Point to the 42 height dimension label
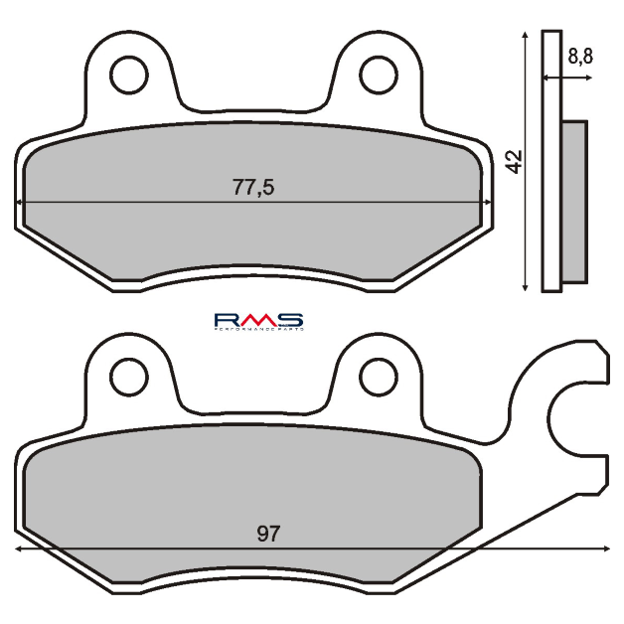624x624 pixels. click(x=514, y=161)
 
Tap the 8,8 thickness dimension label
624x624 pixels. click(x=580, y=58)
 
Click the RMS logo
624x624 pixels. click(x=258, y=320)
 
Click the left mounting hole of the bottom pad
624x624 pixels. click(x=128, y=375)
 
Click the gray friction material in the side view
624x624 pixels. click(x=574, y=199)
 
